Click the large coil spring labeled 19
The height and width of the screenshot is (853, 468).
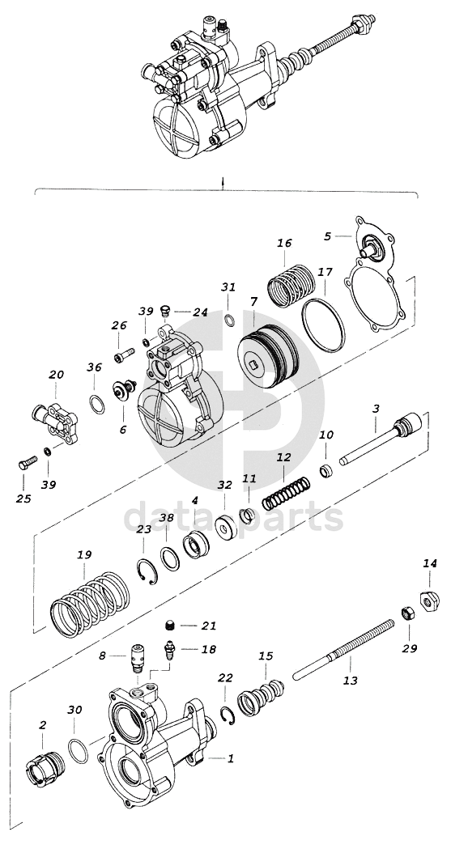90,604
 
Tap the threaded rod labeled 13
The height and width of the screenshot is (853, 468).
343,650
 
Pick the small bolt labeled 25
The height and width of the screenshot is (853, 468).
28,464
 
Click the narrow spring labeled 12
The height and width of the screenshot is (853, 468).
287,493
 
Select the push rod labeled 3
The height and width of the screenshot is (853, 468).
381,439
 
